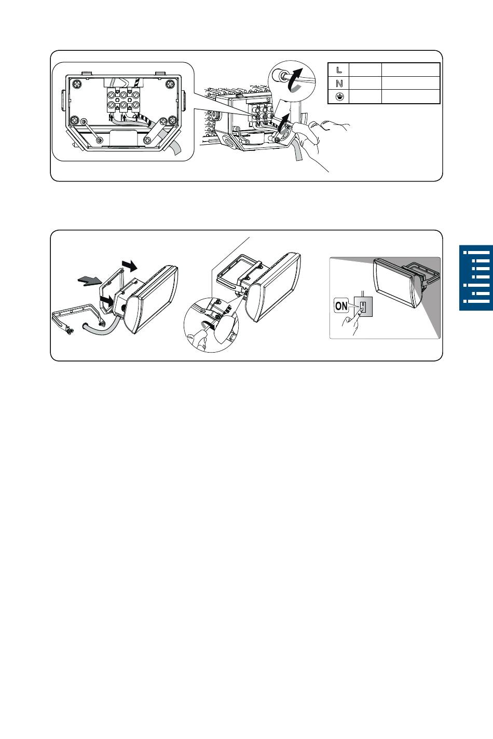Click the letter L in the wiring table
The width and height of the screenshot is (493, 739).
click(339, 70)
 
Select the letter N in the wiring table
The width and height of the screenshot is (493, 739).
click(339, 83)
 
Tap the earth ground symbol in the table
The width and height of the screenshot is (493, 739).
click(339, 96)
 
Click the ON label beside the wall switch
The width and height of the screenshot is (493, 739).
click(341, 306)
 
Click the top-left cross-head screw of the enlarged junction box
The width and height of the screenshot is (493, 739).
click(77, 84)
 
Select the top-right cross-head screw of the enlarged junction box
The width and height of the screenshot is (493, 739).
click(170, 84)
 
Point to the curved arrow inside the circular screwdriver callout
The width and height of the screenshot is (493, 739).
click(295, 79)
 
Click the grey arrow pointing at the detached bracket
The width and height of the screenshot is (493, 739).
click(89, 281)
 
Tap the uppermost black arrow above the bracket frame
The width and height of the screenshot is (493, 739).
click(129, 265)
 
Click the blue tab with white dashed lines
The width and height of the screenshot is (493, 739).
click(476, 278)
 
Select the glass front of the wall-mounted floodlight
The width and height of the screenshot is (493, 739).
click(393, 283)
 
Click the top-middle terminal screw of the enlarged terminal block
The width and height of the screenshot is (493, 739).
click(123, 95)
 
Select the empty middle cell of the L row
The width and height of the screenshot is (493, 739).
click(365, 69)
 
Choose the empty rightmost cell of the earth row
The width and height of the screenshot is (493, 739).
click(410, 96)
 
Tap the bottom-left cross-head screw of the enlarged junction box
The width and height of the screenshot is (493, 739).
click(76, 120)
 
